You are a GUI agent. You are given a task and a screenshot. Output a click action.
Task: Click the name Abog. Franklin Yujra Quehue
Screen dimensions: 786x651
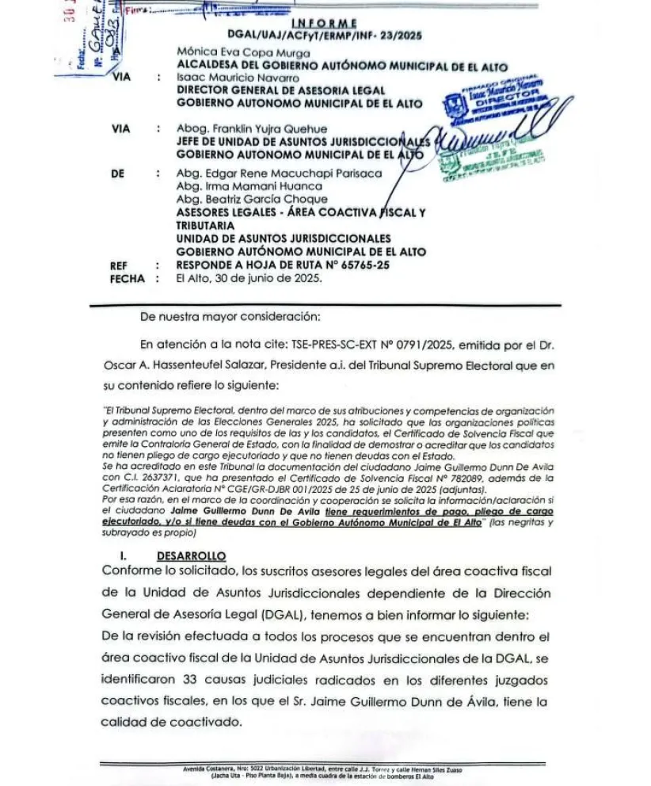[252, 128]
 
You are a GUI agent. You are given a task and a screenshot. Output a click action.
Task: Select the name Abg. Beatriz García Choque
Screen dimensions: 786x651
[240, 199]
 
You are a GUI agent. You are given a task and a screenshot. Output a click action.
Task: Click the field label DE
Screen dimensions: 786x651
[118, 173]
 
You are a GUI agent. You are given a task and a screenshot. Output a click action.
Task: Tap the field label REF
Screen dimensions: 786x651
[119, 266]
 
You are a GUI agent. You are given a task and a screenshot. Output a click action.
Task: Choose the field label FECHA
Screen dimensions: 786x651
[127, 279]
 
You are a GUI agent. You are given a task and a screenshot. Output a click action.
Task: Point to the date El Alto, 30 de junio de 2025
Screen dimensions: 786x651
[249, 279]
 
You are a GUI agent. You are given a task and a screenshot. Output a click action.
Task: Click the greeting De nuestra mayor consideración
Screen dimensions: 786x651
[230, 317]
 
